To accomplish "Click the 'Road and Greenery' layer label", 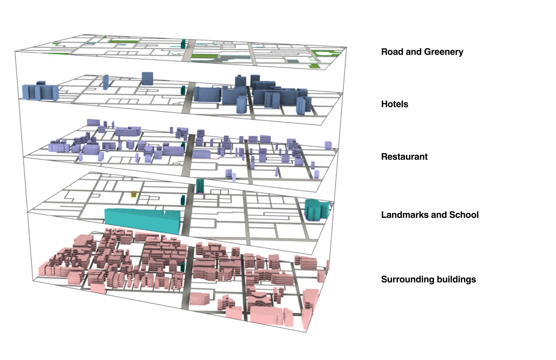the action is click(422, 52).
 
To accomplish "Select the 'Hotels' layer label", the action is click(394, 104).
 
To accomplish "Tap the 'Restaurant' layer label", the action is click(404, 157).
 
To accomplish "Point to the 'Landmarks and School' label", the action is click(430, 215).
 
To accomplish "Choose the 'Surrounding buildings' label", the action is click(428, 279).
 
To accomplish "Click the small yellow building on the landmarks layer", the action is click(134, 194).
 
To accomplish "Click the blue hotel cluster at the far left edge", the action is click(40, 91).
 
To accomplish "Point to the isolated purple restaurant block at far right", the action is click(328, 145).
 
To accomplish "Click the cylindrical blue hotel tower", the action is click(241, 104).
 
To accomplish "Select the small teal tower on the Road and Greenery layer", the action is click(183, 44).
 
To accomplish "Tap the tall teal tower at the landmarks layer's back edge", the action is click(200, 186).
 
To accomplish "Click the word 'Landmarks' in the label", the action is click(405, 215).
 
